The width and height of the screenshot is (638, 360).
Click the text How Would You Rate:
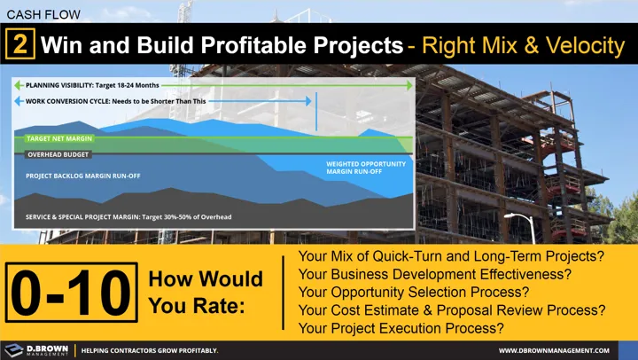pos(206,292)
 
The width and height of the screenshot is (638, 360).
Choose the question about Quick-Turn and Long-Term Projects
pos(452,256)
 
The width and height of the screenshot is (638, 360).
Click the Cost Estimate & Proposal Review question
pos(452,309)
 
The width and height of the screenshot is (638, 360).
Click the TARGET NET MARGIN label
pos(59,139)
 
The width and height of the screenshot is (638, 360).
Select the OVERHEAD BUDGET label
pos(59,154)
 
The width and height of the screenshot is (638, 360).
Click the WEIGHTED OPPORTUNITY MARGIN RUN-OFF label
pos(366,168)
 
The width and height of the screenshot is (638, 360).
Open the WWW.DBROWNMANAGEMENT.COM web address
pos(559,350)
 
